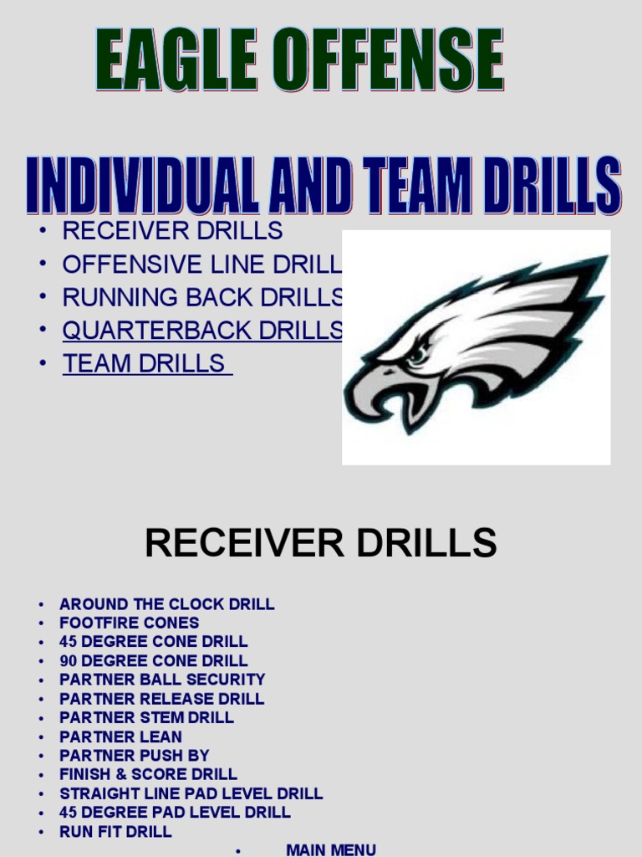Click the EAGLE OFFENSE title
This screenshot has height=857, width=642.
pyautogui.click(x=298, y=60)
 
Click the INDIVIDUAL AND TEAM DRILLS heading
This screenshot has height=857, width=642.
pyautogui.click(x=324, y=185)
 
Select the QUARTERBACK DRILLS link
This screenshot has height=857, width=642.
pyautogui.click(x=202, y=330)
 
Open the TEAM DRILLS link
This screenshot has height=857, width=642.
pyautogui.click(x=147, y=363)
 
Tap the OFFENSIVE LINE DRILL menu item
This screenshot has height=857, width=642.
pyautogui.click(x=202, y=264)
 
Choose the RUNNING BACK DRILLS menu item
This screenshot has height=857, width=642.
pyautogui.click(x=202, y=297)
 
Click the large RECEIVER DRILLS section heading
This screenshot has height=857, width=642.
pyautogui.click(x=320, y=543)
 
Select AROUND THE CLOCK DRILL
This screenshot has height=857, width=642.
pyautogui.click(x=166, y=604)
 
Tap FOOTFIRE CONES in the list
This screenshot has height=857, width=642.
pyautogui.click(x=129, y=623)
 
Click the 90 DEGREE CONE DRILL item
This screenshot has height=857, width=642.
pyautogui.click(x=153, y=661)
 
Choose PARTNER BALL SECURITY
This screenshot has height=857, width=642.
pyautogui.click(x=162, y=680)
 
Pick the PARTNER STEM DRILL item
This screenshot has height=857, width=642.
pyautogui.click(x=146, y=717)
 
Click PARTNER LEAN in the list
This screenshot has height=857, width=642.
pyautogui.click(x=120, y=736)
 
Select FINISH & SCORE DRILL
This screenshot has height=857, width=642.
pyautogui.click(x=148, y=774)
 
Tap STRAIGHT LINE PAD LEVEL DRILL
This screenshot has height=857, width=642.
pyautogui.click(x=191, y=793)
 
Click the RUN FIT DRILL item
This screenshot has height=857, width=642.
pyautogui.click(x=115, y=831)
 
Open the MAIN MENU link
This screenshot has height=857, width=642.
pyautogui.click(x=331, y=849)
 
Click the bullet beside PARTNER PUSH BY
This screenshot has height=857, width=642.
pyautogui.click(x=40, y=756)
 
